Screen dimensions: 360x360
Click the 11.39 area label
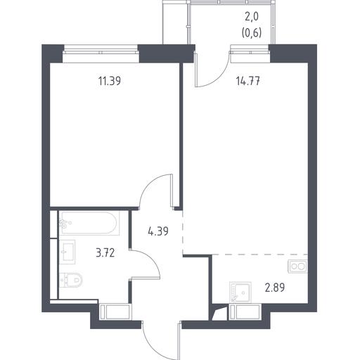point(110,82)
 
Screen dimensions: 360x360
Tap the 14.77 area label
point(248,82)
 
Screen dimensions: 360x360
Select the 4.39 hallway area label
point(158,231)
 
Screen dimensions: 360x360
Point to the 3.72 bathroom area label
point(105,253)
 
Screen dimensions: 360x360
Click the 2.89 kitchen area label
point(275,288)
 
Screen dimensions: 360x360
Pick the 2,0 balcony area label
point(252,17)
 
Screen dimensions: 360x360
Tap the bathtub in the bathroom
point(89,223)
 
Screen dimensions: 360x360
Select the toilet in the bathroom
point(71,280)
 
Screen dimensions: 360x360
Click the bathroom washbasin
point(67,252)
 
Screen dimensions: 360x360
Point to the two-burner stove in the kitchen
point(297,266)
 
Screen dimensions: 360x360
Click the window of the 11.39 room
point(101,53)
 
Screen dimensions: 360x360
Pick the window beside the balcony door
point(250,53)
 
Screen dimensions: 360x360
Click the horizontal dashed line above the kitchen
point(260,255)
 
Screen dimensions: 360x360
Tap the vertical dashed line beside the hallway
point(183,231)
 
